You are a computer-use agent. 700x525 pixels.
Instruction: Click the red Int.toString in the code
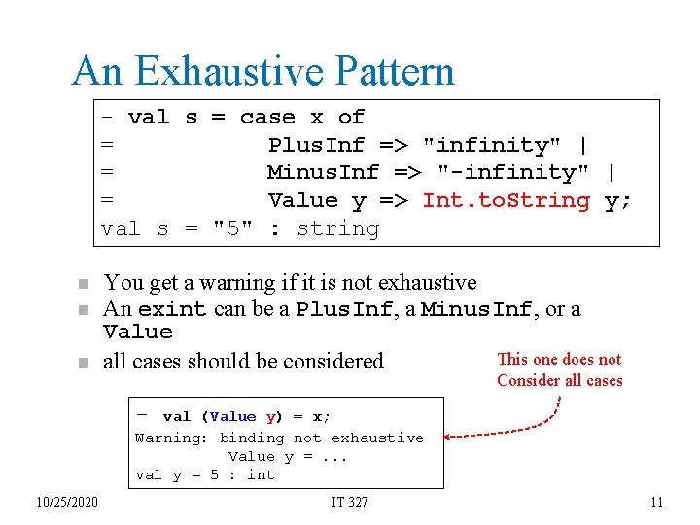coord(506,200)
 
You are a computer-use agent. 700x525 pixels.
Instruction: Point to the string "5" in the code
coord(232,228)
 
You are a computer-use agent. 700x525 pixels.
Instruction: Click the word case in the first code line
coord(267,117)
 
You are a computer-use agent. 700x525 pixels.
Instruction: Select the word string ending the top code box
coord(337,228)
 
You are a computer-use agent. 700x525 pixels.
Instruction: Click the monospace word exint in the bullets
coord(172,310)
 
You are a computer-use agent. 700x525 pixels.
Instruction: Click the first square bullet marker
coord(84,284)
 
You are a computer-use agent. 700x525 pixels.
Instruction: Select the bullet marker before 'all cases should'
coord(84,362)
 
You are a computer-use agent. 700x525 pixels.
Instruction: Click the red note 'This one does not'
coord(559,360)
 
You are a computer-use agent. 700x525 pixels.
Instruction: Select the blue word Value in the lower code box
coord(232,417)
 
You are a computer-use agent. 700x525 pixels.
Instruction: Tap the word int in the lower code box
coord(261,474)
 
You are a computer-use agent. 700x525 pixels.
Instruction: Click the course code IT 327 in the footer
coord(349,502)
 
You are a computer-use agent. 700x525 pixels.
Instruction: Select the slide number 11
coord(656,502)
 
